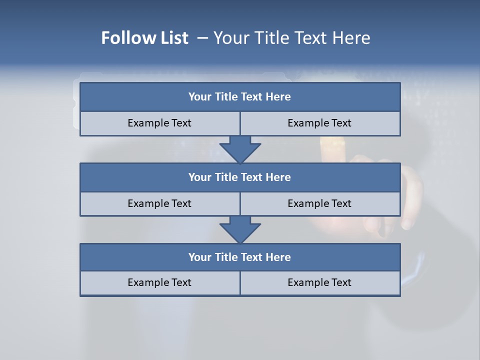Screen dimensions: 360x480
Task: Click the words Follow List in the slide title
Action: coord(144,38)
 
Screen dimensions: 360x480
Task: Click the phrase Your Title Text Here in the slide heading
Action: coord(292,38)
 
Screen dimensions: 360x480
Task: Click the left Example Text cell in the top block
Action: coord(159,123)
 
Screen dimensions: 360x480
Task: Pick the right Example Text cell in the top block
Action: coord(320,123)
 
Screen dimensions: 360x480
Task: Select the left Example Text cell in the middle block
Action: coord(159,203)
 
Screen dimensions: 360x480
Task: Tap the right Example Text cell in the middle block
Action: coord(320,203)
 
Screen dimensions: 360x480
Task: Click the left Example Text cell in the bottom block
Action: coord(159,282)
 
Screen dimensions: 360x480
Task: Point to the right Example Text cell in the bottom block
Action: coord(320,282)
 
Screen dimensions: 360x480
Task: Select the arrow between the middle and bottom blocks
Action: coord(240,229)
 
